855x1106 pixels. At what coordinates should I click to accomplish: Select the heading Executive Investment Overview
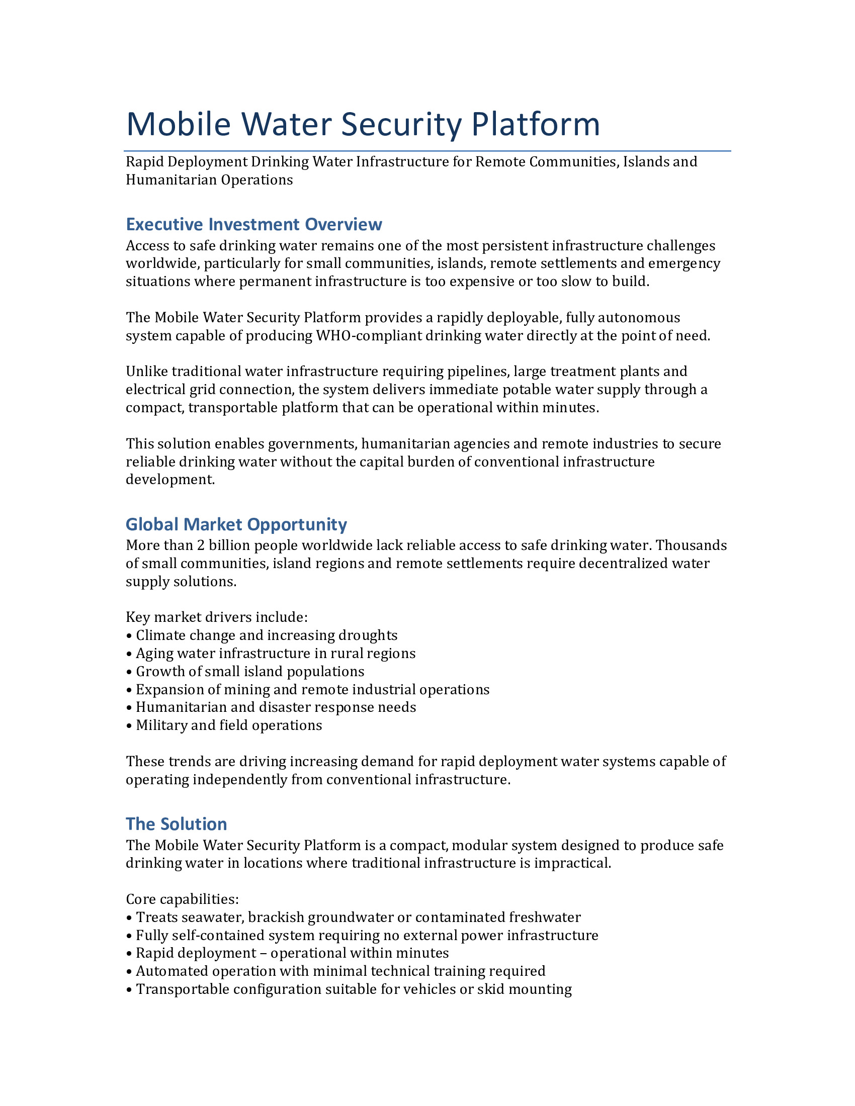coord(254,224)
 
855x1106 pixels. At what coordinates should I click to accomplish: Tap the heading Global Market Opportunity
coord(236,524)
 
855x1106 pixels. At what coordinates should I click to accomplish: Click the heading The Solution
coord(176,824)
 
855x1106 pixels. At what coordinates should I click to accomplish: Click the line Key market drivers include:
coord(217,617)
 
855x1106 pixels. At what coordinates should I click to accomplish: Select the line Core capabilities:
coord(183,899)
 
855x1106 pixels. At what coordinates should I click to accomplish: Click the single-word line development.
coord(170,480)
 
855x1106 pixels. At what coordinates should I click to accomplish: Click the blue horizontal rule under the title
coord(427,151)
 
